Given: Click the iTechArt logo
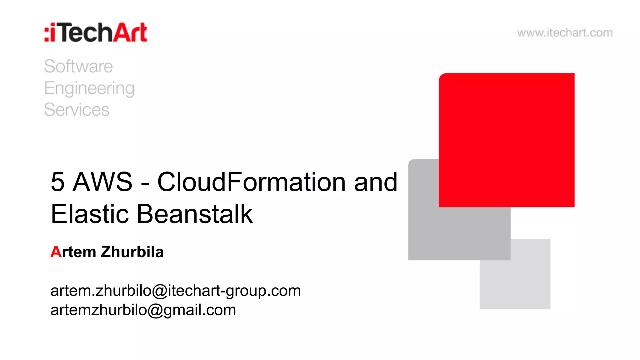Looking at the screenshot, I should (96, 32).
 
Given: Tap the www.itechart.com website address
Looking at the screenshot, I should (565, 33).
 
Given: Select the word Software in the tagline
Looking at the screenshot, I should (78, 66).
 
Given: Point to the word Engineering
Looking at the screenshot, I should (89, 88).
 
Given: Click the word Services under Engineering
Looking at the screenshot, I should (77, 110).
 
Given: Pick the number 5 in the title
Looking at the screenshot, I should (58, 182).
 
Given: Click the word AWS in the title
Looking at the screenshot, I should (102, 182).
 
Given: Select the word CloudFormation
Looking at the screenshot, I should (251, 182).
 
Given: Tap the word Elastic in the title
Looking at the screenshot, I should (90, 214).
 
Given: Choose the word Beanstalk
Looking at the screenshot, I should (195, 214).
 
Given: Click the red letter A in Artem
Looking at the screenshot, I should (56, 252).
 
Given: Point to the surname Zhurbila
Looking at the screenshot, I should (132, 252).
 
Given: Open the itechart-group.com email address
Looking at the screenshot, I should (175, 291).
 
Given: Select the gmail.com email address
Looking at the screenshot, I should (143, 310).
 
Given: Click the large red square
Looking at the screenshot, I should (507, 140).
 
